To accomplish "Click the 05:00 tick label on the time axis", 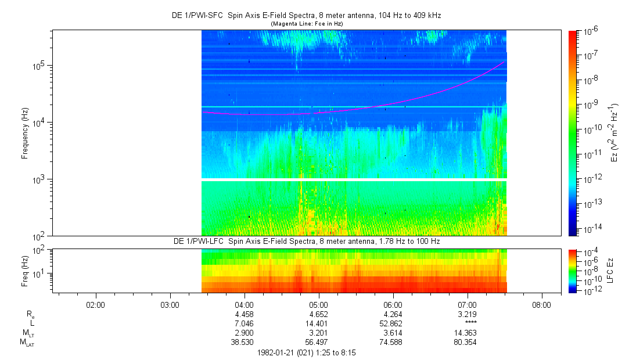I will click(319, 304).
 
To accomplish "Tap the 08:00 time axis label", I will click(542, 304).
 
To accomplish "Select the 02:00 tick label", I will click(95, 304).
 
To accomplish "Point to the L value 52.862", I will click(393, 323).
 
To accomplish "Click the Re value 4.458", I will click(244, 314).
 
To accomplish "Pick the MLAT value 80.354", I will click(468, 342).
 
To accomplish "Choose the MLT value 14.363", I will click(468, 333).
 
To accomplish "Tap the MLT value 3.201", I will click(319, 333).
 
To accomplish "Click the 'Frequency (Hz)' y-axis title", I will click(25, 133).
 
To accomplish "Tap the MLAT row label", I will click(26, 342).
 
